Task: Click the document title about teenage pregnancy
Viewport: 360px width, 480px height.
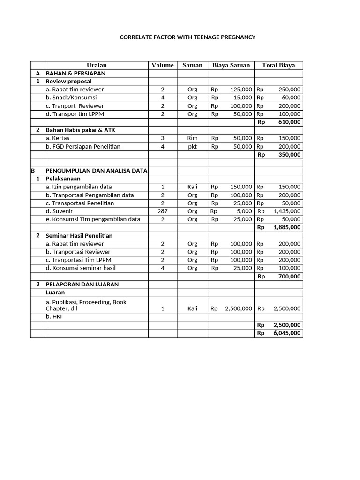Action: tap(187, 37)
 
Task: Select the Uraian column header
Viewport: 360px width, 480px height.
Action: tap(97, 65)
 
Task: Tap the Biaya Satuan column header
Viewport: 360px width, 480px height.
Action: tap(231, 65)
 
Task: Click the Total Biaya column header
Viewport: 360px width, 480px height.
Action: tap(278, 65)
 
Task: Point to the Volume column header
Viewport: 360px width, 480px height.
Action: tap(162, 65)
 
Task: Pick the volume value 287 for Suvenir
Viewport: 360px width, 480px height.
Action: tap(162, 211)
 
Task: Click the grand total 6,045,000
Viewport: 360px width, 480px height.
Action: tap(287, 333)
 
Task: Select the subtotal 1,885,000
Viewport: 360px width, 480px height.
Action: tap(287, 227)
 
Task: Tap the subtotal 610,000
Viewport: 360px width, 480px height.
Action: tap(290, 122)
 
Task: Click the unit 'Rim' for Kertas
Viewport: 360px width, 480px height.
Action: tap(192, 138)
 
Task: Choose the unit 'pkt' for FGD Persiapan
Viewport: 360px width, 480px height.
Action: tap(192, 146)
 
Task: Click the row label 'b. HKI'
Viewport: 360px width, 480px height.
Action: tap(54, 317)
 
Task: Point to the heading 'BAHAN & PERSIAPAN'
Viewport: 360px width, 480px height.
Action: tap(75, 74)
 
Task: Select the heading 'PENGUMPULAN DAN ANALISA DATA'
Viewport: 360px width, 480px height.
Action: tap(97, 171)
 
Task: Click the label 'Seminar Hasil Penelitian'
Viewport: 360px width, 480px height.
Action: tap(79, 236)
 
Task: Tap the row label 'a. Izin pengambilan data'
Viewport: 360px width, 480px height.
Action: tap(79, 187)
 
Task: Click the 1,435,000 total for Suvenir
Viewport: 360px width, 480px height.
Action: tap(287, 211)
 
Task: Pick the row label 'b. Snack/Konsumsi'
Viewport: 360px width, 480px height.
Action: tap(71, 97)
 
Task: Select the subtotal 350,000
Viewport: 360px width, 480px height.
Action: tap(290, 154)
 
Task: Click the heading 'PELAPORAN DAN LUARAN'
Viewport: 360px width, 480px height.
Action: tap(82, 285)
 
